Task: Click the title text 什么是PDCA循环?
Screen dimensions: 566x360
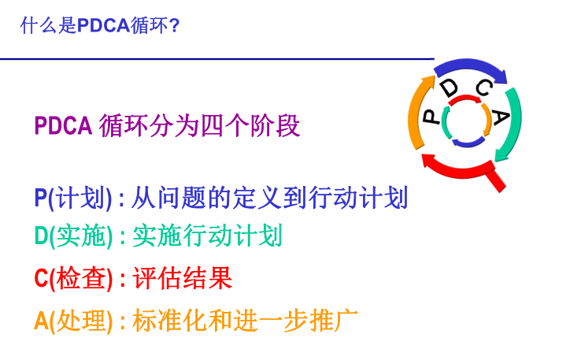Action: tap(100, 26)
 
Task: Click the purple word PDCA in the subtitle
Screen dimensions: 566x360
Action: tap(63, 126)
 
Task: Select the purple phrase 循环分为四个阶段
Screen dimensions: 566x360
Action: tap(200, 126)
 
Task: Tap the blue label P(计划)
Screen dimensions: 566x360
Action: tap(73, 198)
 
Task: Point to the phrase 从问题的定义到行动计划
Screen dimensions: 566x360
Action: tap(269, 198)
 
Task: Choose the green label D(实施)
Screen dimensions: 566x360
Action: tap(73, 236)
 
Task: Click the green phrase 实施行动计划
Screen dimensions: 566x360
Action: tap(208, 236)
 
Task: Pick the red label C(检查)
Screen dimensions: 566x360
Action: tap(73, 278)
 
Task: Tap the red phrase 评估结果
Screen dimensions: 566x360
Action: tap(183, 278)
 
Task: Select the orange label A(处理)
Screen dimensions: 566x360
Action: tap(73, 321)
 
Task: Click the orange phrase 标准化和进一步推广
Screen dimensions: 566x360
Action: tap(246, 321)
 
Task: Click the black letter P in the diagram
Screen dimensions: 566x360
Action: tap(431, 117)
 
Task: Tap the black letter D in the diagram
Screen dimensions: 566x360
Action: tap(449, 87)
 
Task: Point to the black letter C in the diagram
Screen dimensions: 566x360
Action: tap(484, 87)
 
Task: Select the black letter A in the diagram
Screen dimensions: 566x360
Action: tap(501, 117)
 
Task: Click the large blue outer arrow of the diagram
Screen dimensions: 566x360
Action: tap(469, 65)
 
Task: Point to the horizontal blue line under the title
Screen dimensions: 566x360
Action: tap(217, 58)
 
